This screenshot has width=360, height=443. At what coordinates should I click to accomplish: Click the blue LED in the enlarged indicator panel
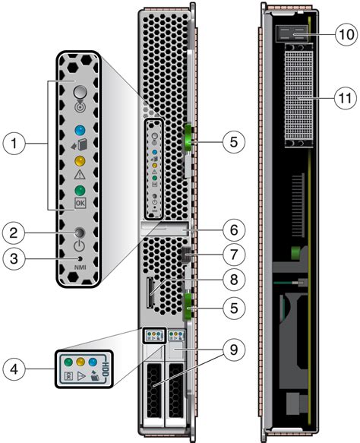click(x=80, y=120)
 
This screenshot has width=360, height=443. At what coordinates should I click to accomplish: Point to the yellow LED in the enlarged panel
click(x=80, y=162)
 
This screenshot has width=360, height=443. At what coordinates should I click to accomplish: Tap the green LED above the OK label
click(x=80, y=191)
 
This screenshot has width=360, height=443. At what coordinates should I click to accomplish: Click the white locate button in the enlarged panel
click(x=79, y=90)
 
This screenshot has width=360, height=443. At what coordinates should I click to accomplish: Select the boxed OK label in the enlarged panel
click(x=80, y=204)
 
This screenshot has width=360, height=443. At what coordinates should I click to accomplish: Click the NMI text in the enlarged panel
click(x=79, y=268)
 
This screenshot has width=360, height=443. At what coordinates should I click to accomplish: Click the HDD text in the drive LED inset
click(x=106, y=372)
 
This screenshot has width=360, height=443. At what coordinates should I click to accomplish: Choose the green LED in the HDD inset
click(x=67, y=362)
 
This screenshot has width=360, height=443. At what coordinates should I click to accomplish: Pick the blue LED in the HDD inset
click(x=93, y=362)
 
